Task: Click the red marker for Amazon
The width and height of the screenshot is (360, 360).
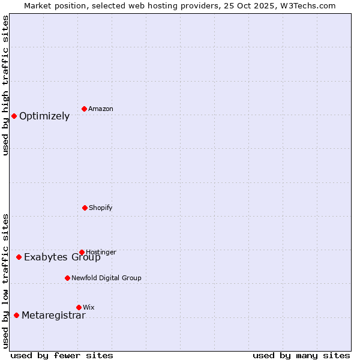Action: tap(85, 109)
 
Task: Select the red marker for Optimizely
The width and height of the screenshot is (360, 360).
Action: tap(14, 116)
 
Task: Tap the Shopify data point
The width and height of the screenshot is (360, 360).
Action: tap(85, 208)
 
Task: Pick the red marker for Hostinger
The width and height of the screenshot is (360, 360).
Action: tap(82, 252)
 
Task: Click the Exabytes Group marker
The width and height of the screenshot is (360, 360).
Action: tap(19, 257)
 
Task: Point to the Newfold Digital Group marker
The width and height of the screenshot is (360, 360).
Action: tap(67, 278)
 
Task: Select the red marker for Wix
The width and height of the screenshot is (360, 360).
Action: tap(79, 307)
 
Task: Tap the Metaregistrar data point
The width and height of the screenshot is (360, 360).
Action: tap(16, 315)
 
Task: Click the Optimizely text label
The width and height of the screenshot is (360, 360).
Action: tap(44, 116)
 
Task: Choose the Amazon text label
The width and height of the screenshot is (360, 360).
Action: tap(101, 109)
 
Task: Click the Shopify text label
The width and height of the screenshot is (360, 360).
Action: tap(101, 208)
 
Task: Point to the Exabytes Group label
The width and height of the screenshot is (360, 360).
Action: tap(62, 257)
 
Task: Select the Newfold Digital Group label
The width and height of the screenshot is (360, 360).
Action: tap(106, 278)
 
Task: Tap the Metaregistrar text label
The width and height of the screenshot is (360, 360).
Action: tap(53, 316)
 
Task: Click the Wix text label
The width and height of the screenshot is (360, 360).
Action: tap(89, 307)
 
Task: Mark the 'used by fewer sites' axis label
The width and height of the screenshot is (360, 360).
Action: tap(62, 355)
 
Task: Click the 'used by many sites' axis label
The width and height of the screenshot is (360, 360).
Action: tap(301, 355)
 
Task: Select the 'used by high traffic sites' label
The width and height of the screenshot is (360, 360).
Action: tap(5, 85)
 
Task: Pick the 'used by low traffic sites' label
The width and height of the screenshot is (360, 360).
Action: tap(5, 281)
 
